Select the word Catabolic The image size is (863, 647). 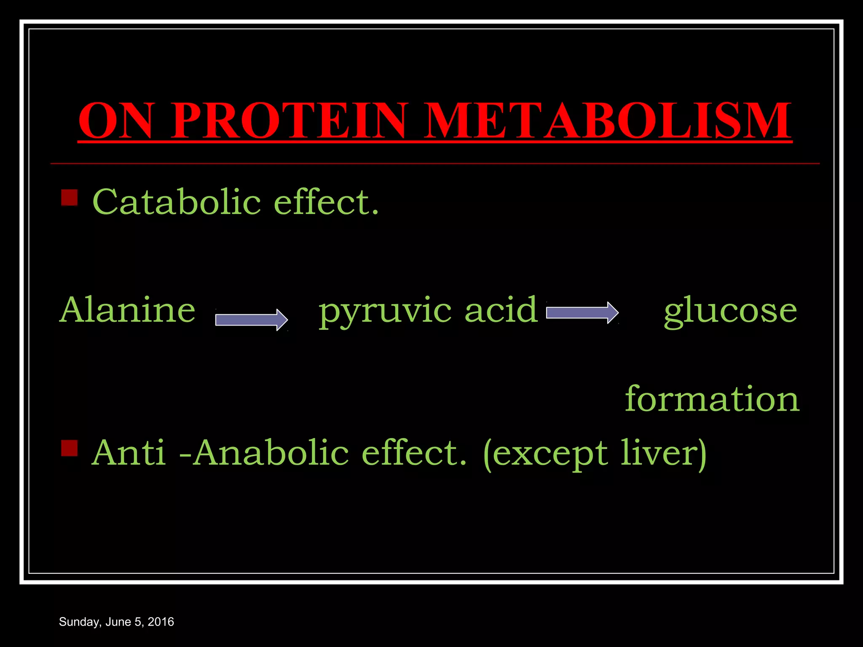[x=177, y=202]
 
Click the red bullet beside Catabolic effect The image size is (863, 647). [x=70, y=197]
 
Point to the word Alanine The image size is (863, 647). [x=128, y=310]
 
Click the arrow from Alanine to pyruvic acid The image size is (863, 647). [x=251, y=320]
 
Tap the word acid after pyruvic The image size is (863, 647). [x=501, y=310]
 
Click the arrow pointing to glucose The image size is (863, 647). [x=582, y=313]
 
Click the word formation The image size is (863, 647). [x=712, y=398]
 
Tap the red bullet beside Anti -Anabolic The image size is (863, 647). [x=70, y=448]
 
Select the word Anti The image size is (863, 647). [x=129, y=453]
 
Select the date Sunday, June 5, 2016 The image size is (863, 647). [x=116, y=622]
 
